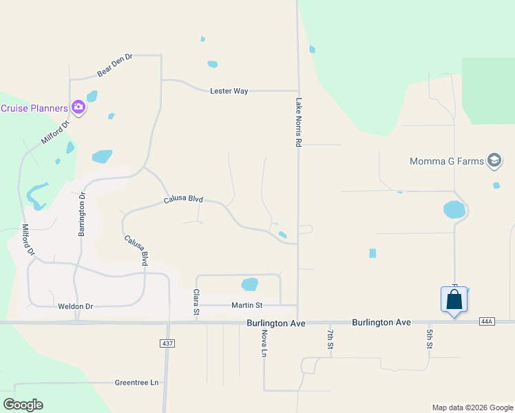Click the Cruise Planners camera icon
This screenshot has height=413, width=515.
coord(78,107)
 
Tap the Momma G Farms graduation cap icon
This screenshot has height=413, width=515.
coord(494,161)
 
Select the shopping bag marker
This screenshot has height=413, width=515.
coord(454,300)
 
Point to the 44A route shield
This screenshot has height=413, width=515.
coord(487,321)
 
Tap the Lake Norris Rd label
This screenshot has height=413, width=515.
coord(299,122)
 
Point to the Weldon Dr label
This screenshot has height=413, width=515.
coord(75,306)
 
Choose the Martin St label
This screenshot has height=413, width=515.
coord(246,305)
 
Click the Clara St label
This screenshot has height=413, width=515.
coord(196,303)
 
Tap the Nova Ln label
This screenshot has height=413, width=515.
coord(264,343)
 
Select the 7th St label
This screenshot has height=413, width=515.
coord(330,339)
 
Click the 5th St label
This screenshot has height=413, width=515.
coord(429,339)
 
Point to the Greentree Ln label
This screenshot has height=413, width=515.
coord(136,383)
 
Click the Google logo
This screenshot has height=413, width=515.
coord(23,405)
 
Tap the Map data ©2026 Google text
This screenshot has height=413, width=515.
coord(472,407)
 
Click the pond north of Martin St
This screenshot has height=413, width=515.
coord(249,284)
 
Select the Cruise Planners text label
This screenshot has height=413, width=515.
coord(34,108)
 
